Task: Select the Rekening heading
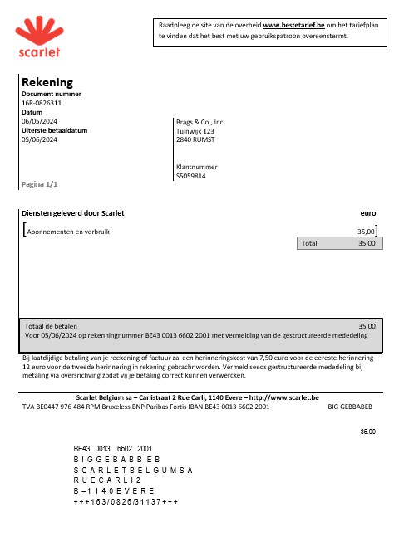[x=47, y=82]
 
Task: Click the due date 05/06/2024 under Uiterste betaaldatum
[x=39, y=140]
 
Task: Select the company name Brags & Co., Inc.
[x=200, y=122]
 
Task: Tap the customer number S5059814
[x=191, y=176]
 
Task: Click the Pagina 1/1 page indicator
[x=40, y=183]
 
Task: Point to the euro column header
[x=367, y=213]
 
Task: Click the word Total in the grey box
[x=309, y=244]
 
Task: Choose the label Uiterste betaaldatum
[x=54, y=131]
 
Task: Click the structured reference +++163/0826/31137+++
[x=126, y=502]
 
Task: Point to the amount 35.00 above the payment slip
[x=367, y=432]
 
